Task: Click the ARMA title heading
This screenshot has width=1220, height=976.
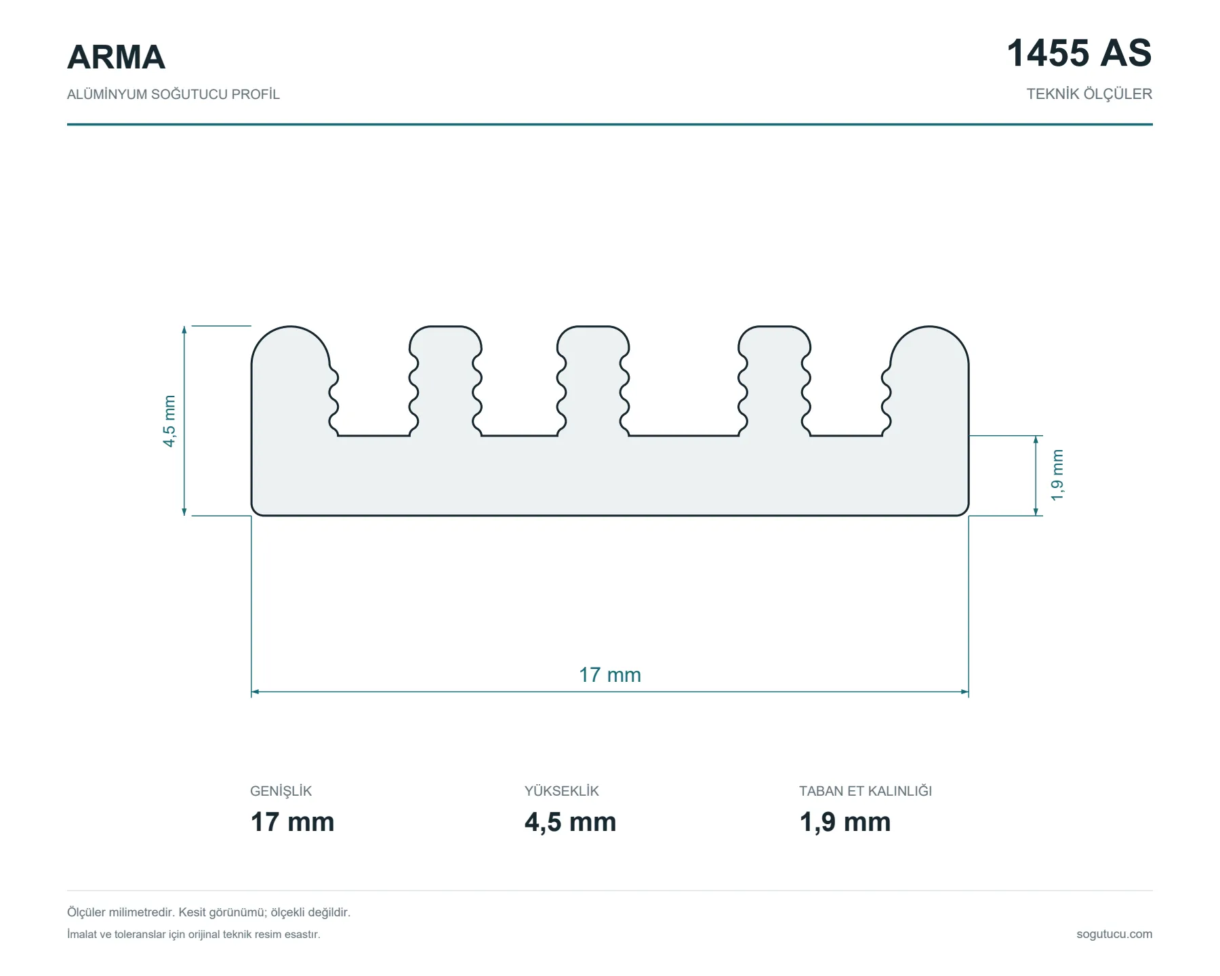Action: coord(116,57)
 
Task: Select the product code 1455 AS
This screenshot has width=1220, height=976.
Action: coord(1079,53)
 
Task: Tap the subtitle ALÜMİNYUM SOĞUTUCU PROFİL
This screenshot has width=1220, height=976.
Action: coord(174,94)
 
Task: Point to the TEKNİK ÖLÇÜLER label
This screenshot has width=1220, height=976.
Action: coord(1089,94)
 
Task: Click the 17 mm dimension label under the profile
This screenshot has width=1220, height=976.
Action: coord(610,675)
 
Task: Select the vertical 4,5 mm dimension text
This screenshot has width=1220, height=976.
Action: coord(169,421)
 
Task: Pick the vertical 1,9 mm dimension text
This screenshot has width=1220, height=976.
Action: coord(1057,475)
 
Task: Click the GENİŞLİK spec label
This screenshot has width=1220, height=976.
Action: coord(281,791)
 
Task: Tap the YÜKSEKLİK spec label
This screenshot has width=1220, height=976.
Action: coord(562,791)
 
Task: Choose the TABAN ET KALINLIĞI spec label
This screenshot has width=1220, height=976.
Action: coord(866,791)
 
